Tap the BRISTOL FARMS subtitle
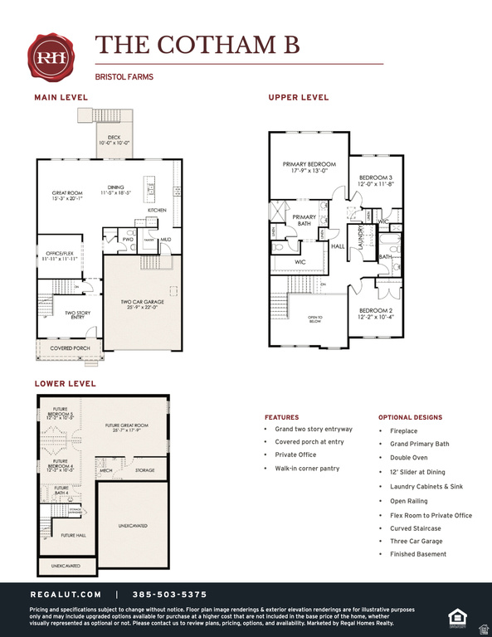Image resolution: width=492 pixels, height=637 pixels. (124, 77)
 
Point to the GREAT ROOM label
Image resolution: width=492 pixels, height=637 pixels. (66, 196)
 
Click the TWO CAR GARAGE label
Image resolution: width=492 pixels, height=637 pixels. (142, 304)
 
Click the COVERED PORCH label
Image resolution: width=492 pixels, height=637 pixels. (70, 348)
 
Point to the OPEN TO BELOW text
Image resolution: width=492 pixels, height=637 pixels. (315, 318)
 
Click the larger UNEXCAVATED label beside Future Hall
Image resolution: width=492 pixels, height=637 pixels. (133, 526)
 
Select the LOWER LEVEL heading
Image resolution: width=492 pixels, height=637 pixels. (65, 384)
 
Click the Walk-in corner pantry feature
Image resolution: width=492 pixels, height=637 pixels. (308, 469)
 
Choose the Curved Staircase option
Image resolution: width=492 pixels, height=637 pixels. (416, 528)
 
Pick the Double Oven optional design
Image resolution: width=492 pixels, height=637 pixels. (410, 457)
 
